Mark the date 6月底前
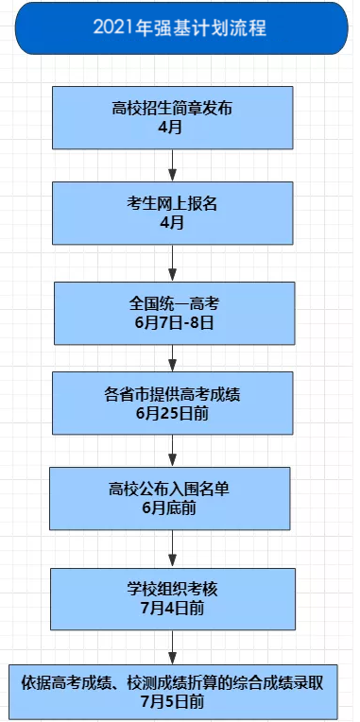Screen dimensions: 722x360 click(172, 507)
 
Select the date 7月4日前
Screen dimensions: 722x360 click(172, 609)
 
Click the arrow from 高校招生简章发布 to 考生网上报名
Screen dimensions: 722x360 click(172, 166)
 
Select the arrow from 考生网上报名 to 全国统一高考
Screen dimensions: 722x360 click(172, 262)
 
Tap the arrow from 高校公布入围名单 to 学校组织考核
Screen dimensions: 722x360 click(172, 548)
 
